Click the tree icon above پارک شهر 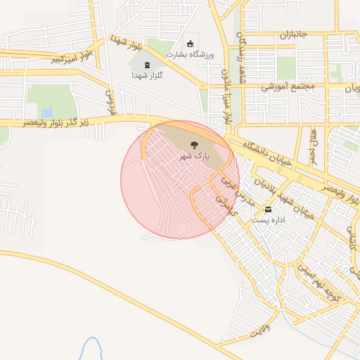pos(194,144)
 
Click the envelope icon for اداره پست pos(268,210)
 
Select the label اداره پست pos(267,221)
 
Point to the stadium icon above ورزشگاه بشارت pos(191,44)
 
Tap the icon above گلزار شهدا pos(147,65)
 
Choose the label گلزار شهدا pos(147,75)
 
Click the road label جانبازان pos(294,34)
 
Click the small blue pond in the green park pos(46,112)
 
